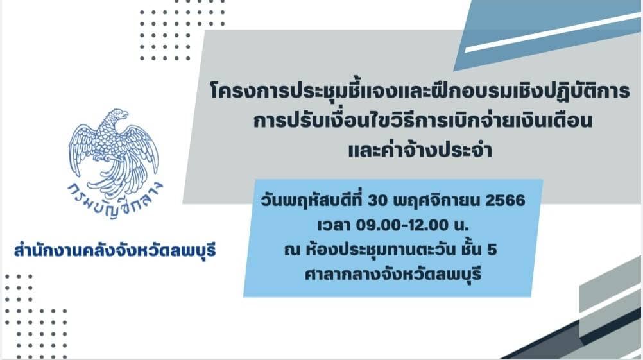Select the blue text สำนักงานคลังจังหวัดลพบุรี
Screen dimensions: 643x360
pyautogui.click(x=115, y=250)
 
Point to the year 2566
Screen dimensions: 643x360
pyautogui.click(x=505, y=200)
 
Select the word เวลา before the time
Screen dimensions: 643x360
pyautogui.click(x=334, y=225)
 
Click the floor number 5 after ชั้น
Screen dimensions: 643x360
pyautogui.click(x=492, y=250)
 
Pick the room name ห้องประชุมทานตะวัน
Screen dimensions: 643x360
pyautogui.click(x=381, y=249)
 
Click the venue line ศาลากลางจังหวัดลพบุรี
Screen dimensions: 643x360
pyautogui.click(x=393, y=274)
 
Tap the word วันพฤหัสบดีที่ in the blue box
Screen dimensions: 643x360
pyautogui.click(x=312, y=200)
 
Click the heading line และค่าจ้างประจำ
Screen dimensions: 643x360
pyautogui.click(x=420, y=150)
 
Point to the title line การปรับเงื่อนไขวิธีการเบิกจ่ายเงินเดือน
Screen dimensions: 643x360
pyautogui.click(x=423, y=120)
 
